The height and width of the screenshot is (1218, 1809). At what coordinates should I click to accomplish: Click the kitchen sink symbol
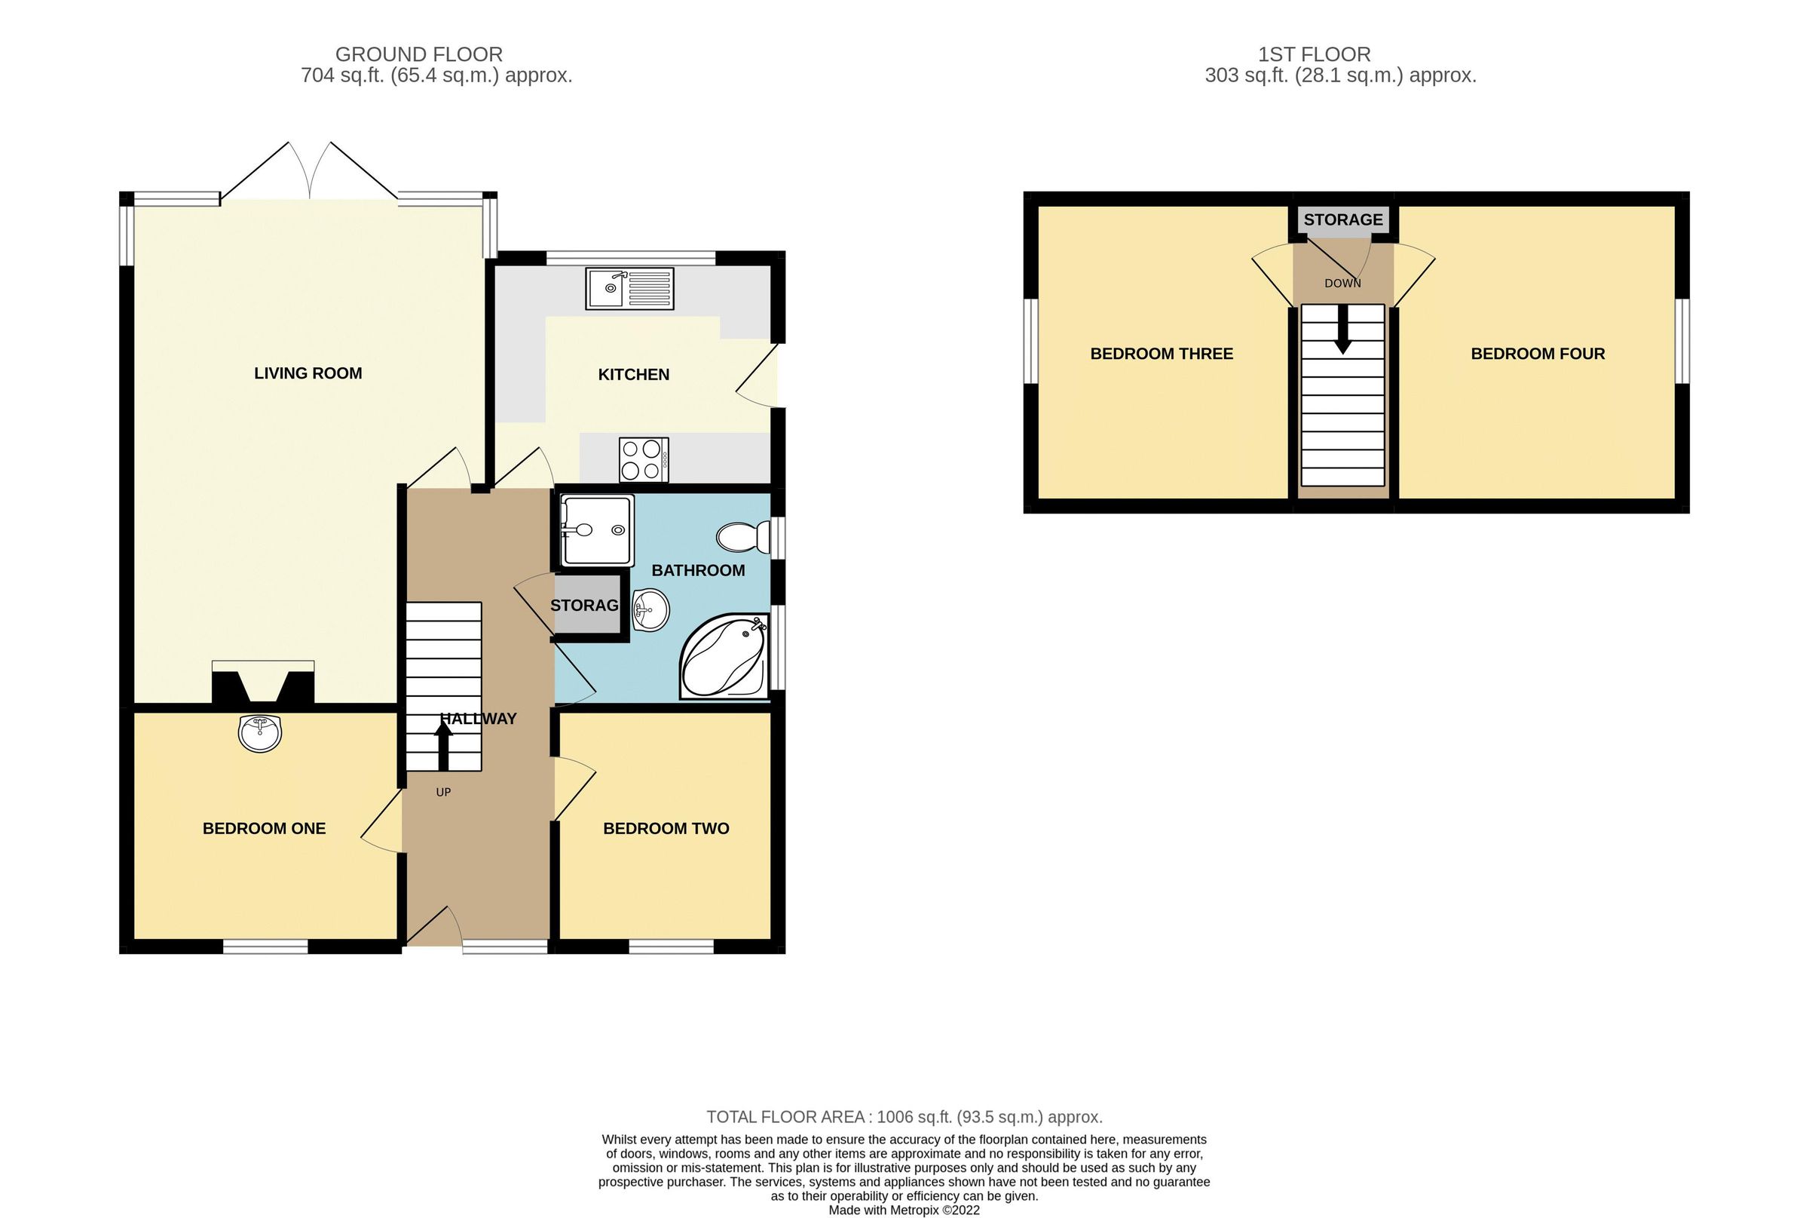click(629, 288)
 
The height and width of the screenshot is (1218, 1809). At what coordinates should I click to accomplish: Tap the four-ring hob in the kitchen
click(643, 460)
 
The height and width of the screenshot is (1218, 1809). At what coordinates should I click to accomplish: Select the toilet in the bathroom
click(742, 537)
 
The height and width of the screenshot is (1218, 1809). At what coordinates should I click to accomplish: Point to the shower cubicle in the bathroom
click(597, 529)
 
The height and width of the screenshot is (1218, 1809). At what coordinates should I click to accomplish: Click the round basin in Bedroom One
click(259, 732)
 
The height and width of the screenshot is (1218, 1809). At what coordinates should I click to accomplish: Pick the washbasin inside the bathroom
click(650, 610)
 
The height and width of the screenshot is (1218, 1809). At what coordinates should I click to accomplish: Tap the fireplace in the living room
click(263, 683)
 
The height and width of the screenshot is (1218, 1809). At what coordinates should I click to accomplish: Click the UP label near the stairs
click(443, 793)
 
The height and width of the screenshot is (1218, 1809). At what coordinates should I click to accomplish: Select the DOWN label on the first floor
click(1342, 284)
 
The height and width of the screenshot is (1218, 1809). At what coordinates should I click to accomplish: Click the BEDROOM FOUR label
click(1537, 354)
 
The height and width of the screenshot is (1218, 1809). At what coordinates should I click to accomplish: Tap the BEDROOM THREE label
click(1162, 354)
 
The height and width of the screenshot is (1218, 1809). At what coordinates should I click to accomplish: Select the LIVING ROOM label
click(308, 373)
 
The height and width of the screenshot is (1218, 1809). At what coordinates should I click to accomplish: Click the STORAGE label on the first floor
click(1343, 219)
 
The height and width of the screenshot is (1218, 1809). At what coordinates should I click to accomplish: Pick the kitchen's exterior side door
click(758, 375)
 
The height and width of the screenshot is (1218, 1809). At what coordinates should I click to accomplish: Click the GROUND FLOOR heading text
click(418, 54)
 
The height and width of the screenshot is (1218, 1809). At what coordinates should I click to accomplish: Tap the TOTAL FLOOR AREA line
click(904, 1117)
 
